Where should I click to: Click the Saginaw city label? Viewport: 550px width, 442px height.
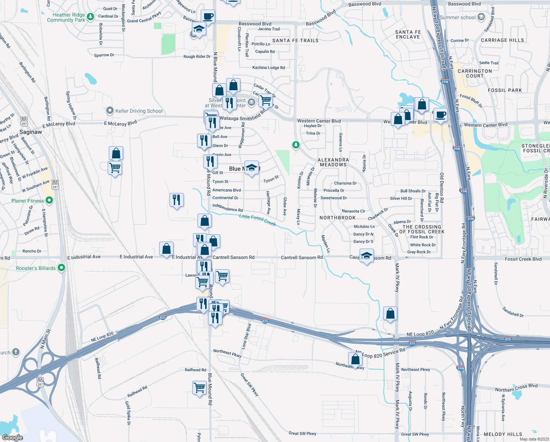point(31,132)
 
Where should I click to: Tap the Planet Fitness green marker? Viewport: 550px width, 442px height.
point(49,200)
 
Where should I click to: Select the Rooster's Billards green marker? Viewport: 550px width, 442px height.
point(61,268)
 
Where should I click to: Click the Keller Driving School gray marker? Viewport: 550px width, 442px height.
point(110,110)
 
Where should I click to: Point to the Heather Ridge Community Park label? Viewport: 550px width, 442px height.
point(66,17)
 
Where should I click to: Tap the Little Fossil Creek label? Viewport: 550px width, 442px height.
point(257,220)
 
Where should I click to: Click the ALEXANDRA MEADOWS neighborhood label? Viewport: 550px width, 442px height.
point(333,162)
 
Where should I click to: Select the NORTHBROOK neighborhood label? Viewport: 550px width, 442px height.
point(337,218)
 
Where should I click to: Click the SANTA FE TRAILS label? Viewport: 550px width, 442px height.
point(295,41)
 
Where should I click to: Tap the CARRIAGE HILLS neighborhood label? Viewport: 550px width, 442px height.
point(502,40)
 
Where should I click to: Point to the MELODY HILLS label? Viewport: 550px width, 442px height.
point(503,434)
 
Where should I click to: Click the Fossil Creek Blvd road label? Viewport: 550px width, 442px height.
point(523,259)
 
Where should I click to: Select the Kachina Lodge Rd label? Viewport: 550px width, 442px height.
point(268,67)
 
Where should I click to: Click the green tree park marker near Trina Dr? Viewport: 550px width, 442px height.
point(296,144)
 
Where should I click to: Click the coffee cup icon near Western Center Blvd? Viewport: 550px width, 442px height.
point(440,115)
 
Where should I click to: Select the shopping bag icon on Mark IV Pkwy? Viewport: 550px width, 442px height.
point(390,314)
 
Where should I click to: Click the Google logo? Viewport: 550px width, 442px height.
point(12,437)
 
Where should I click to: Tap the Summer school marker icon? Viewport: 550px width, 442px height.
point(481,17)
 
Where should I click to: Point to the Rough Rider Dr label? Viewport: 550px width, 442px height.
point(197,56)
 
